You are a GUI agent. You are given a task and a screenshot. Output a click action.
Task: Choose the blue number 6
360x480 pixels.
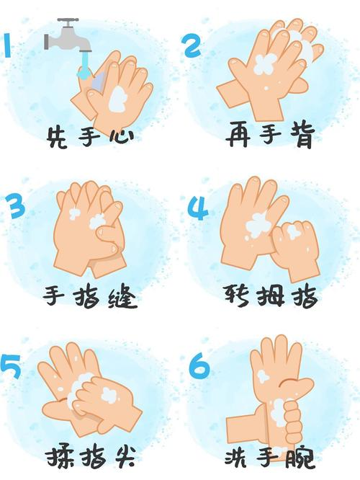pos(199,367)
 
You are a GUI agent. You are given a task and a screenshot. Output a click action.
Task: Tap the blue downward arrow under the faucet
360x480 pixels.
pos(85,68)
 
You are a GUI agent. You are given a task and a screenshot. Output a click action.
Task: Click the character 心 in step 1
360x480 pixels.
pos(120,136)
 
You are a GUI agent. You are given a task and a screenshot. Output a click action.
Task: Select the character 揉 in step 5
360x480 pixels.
pos(60,458)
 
